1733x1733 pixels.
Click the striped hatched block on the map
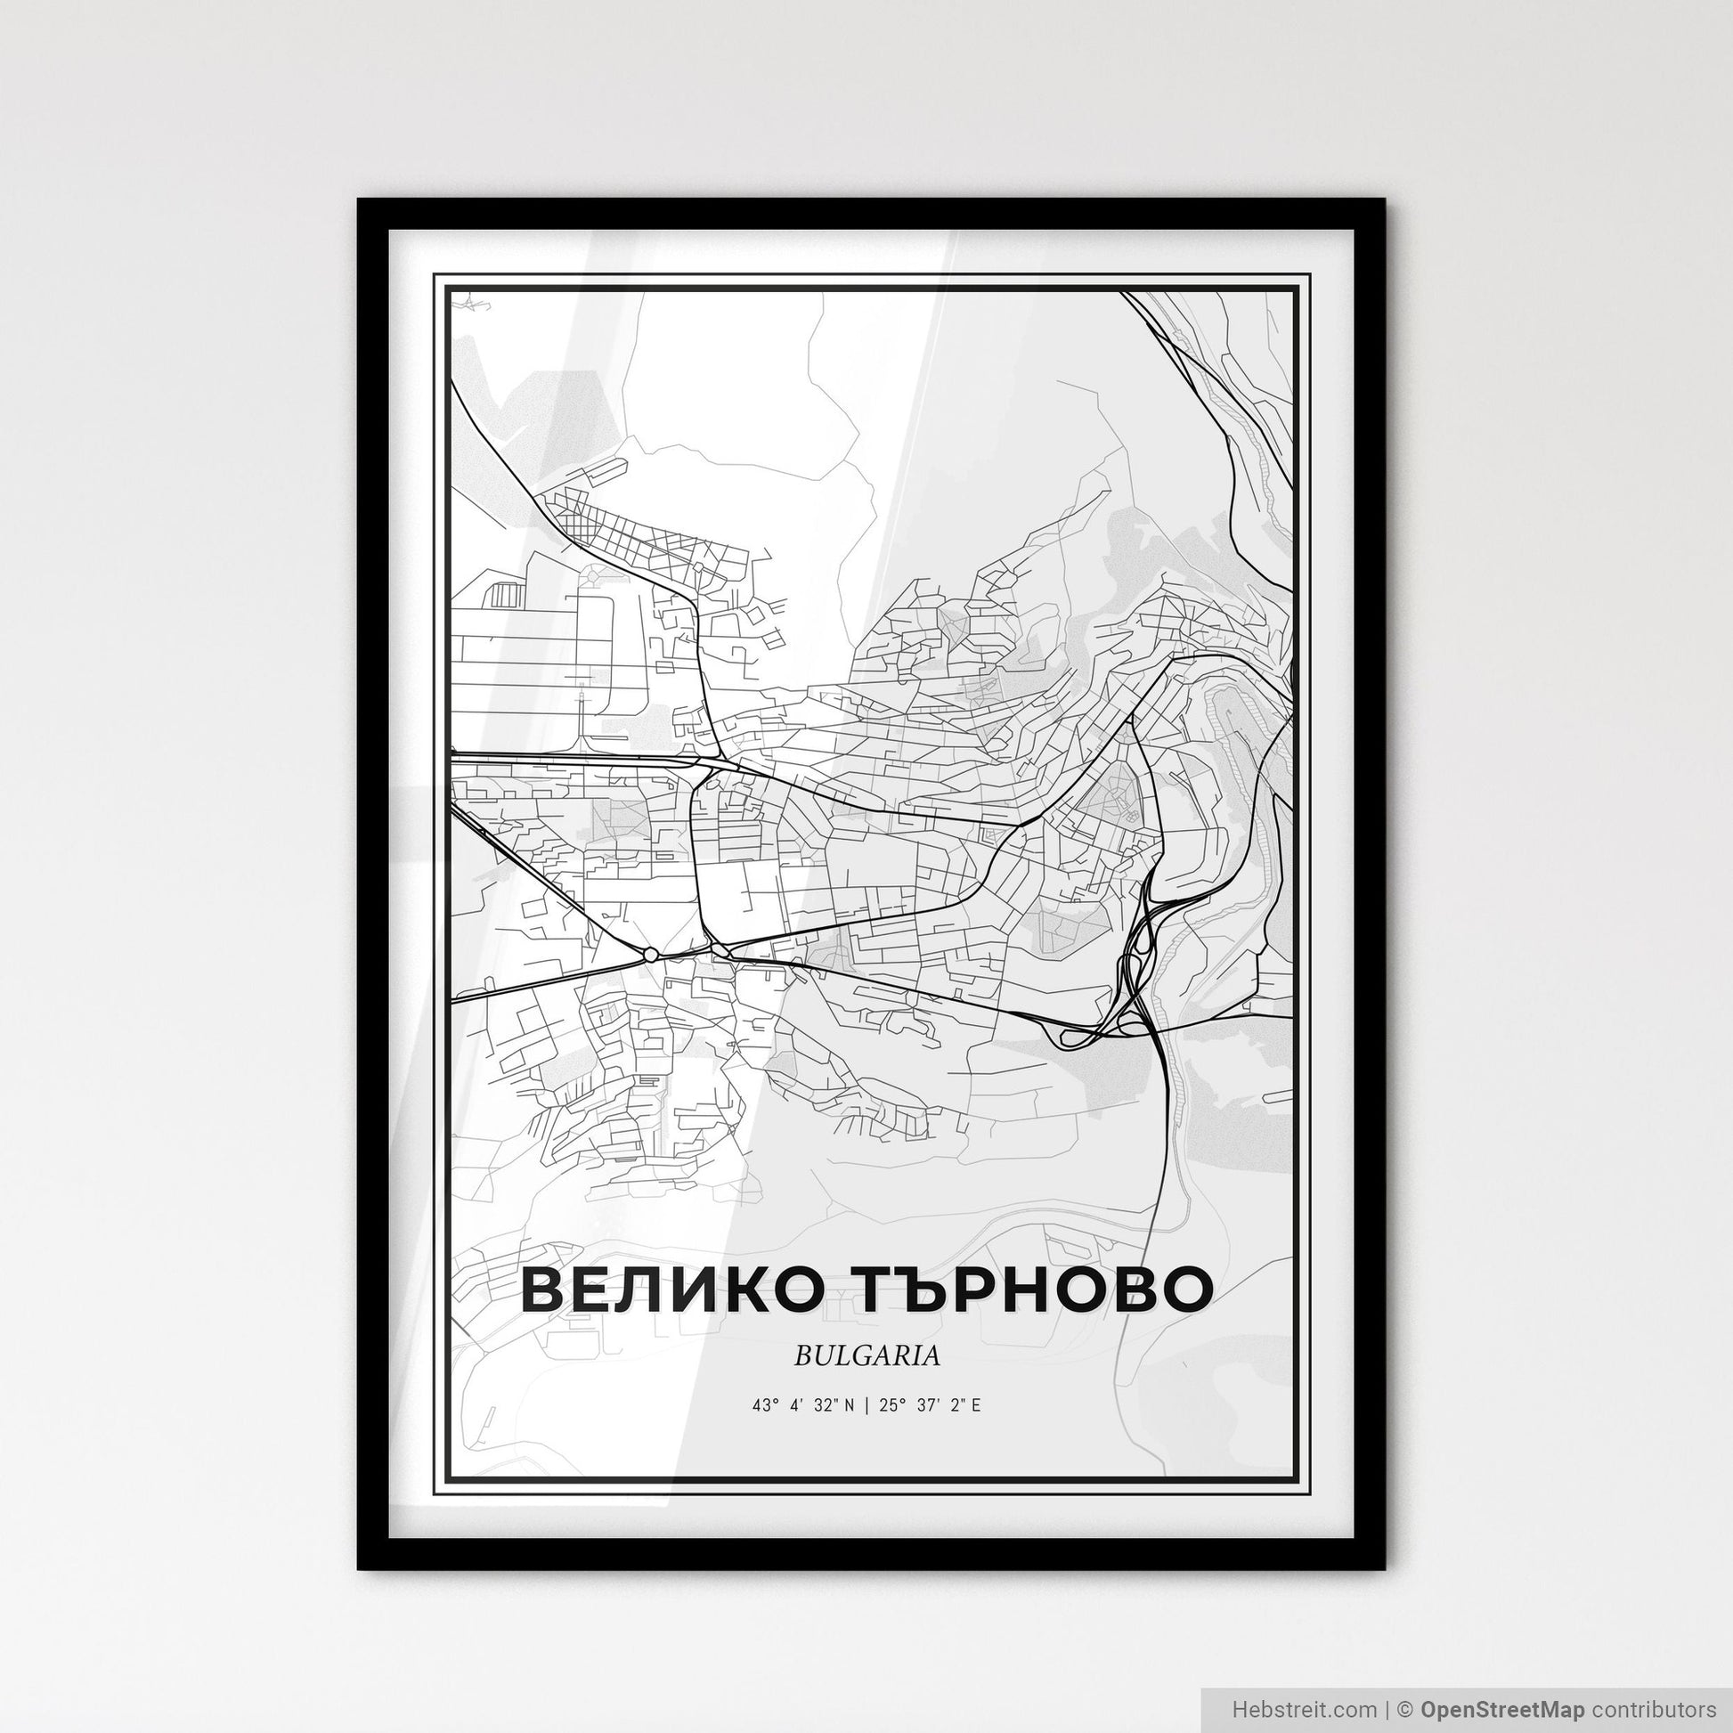click(x=505, y=595)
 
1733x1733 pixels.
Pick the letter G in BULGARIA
click(x=864, y=1356)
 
